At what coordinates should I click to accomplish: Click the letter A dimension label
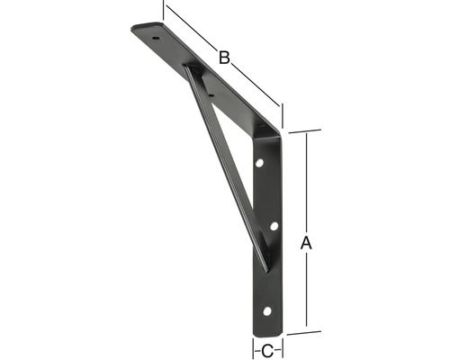(x=307, y=242)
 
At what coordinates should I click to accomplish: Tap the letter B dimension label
(x=225, y=58)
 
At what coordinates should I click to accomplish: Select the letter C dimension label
(x=267, y=349)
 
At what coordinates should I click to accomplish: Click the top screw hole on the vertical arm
(x=259, y=165)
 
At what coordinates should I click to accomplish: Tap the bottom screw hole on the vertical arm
(x=266, y=311)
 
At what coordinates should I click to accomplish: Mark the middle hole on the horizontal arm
(x=211, y=93)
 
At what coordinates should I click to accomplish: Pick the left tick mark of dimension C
(x=253, y=348)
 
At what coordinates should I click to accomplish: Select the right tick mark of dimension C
(x=283, y=348)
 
